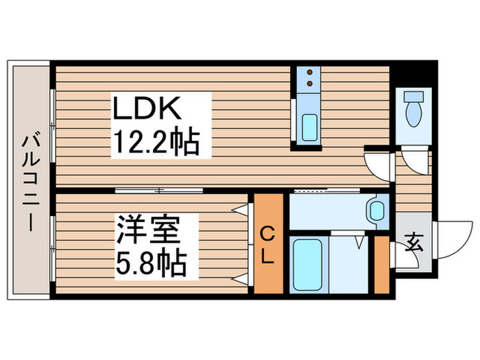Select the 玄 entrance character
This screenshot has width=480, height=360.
[x=413, y=242]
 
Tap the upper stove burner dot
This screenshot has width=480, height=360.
[x=310, y=73]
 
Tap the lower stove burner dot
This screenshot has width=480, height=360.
[x=310, y=84]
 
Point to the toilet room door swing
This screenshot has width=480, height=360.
[x=414, y=163]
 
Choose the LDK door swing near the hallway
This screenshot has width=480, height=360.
[x=378, y=165]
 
